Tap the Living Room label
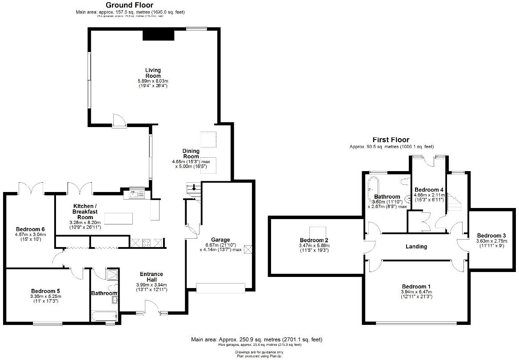(153, 73)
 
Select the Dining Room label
(191, 154)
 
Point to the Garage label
(220, 240)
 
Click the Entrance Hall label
(151, 277)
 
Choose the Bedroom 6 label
(30, 229)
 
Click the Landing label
(416, 246)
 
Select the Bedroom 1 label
(416, 286)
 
